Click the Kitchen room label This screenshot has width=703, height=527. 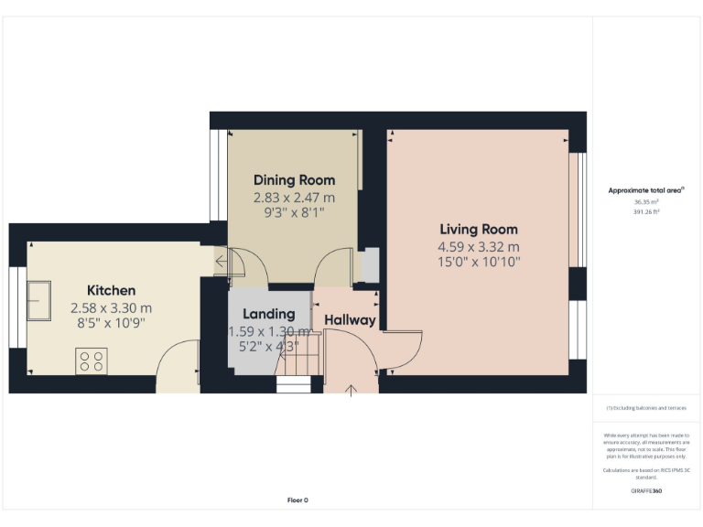[111, 291]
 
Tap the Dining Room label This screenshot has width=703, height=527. [294, 180]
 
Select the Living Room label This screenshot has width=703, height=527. [479, 230]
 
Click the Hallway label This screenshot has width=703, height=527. [350, 320]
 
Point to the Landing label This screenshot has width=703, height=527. [268, 314]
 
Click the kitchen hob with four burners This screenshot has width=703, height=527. [91, 361]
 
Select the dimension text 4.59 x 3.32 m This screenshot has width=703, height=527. [479, 247]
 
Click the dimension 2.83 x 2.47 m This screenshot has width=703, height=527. [294, 197]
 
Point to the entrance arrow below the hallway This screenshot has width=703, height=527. [351, 391]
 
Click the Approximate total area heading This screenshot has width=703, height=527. [645, 190]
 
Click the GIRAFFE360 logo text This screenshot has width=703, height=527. [646, 491]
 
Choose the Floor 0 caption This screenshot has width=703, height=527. [297, 500]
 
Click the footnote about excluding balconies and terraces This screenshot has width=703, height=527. [646, 408]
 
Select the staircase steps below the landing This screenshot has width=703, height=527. [295, 375]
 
